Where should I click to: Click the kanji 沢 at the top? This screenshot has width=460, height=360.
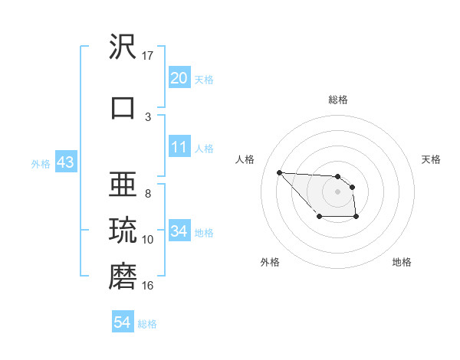pyautogui.click(x=123, y=47)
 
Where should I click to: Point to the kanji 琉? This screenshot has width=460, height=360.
pyautogui.click(x=123, y=231)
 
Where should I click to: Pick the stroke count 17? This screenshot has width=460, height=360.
pyautogui.click(x=148, y=56)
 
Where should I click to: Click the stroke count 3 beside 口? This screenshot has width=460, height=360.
pyautogui.click(x=148, y=116)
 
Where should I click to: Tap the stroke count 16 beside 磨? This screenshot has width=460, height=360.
pyautogui.click(x=148, y=286)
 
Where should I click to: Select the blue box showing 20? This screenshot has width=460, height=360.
pyautogui.click(x=179, y=78)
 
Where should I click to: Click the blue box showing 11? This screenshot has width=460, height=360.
pyautogui.click(x=179, y=147)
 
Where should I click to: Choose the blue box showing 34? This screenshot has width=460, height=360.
pyautogui.click(x=179, y=231)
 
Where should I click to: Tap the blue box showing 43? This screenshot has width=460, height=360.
pyautogui.click(x=65, y=163)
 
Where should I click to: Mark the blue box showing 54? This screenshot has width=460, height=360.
pyautogui.click(x=123, y=322)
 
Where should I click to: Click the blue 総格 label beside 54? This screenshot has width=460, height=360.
pyautogui.click(x=147, y=324)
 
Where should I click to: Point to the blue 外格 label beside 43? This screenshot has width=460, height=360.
pyautogui.click(x=41, y=164)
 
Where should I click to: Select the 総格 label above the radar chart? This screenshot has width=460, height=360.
pyautogui.click(x=337, y=100)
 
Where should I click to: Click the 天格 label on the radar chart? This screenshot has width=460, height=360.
pyautogui.click(x=431, y=159)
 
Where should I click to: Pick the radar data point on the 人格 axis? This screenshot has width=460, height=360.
pyautogui.click(x=279, y=172)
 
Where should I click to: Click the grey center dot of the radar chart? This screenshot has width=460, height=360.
pyautogui.click(x=337, y=191)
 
